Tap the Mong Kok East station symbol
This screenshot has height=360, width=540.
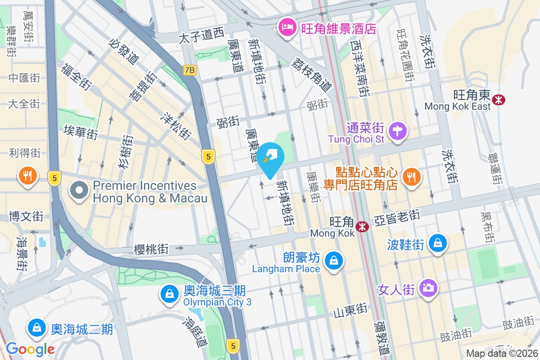pos(498,100)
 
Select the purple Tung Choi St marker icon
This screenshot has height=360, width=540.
pos(398,131)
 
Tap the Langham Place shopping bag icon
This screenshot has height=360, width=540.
pos(334,261)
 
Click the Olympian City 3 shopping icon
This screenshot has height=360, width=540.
pos(169,294)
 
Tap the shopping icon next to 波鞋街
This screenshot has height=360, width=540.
pos(437,243)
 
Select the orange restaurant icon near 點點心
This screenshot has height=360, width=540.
pos(411,176)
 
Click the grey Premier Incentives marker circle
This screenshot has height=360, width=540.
pos(79,191)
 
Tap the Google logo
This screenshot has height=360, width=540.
pos(30,349)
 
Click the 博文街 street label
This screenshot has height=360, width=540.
pos(26,216)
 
